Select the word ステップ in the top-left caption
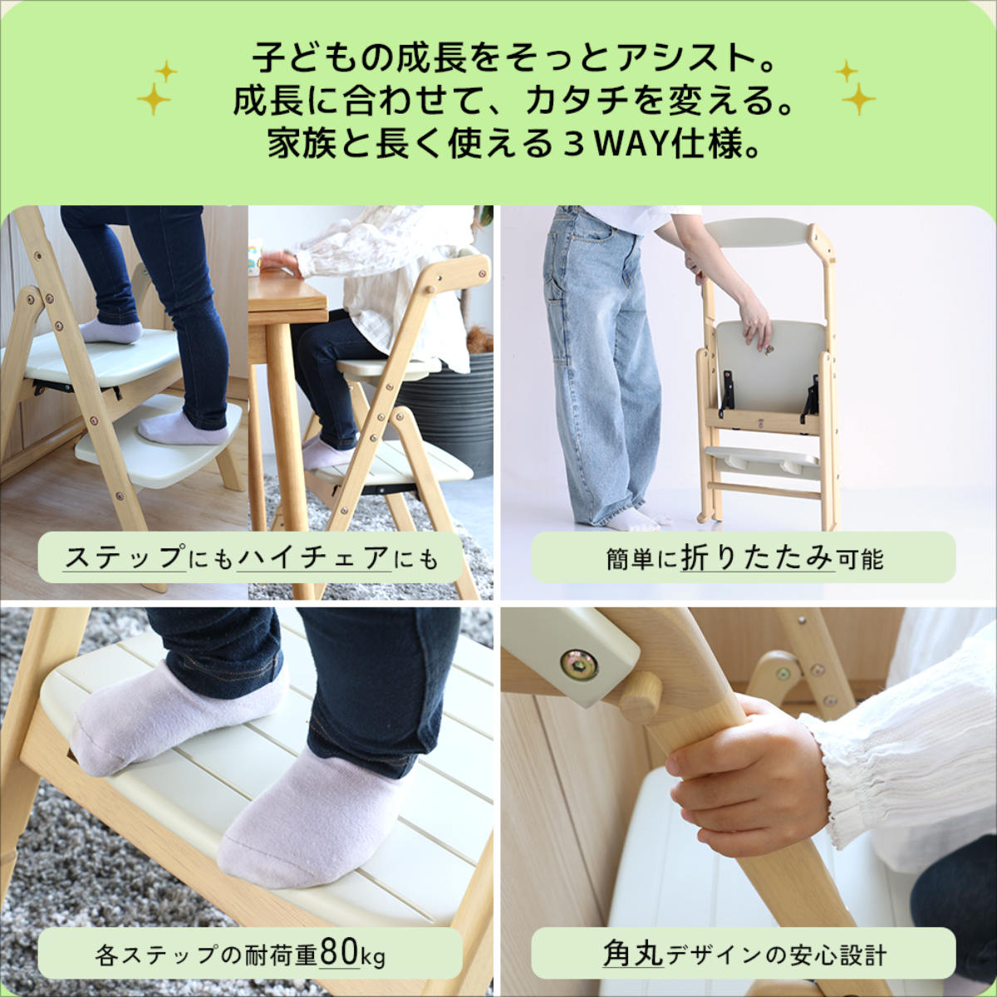(125, 557)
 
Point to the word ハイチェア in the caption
(313, 557)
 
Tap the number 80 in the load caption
(339, 954)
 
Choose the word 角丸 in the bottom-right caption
(633, 954)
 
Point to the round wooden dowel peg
(641, 696)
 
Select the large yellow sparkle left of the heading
(154, 99)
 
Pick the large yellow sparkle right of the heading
(858, 99)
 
